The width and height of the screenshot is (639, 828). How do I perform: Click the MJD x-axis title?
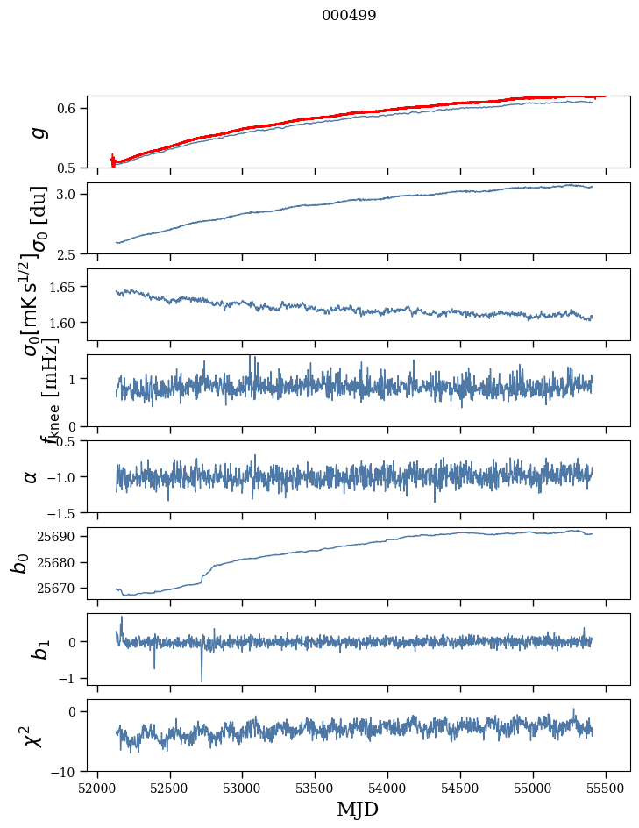tap(358, 809)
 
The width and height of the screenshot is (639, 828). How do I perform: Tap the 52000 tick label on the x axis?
tap(97, 788)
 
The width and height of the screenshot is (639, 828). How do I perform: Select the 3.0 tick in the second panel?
tap(71, 194)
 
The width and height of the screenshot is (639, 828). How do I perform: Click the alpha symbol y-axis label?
tap(32, 476)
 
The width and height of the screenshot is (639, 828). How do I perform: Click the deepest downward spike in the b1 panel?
tap(202, 681)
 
